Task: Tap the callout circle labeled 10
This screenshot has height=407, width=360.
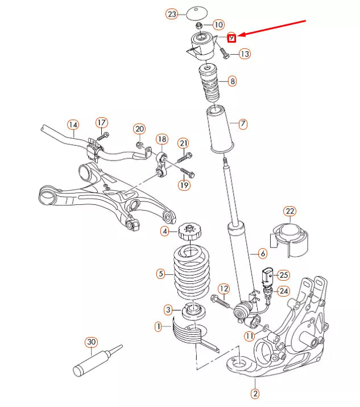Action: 219,25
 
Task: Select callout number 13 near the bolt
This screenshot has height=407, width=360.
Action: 245,54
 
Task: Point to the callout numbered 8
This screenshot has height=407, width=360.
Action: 232,81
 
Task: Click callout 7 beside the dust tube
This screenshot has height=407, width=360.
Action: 243,124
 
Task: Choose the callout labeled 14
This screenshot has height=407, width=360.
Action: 73,125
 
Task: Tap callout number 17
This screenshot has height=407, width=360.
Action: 101,122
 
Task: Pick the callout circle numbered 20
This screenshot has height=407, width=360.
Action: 140,129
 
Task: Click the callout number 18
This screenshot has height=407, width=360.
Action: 162,139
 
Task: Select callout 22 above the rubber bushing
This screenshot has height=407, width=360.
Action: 290,212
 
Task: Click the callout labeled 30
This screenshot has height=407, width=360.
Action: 92,342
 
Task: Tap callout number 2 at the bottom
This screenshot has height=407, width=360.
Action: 255,393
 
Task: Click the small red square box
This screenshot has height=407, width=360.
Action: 231,38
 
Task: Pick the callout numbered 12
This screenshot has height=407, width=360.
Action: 224,289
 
